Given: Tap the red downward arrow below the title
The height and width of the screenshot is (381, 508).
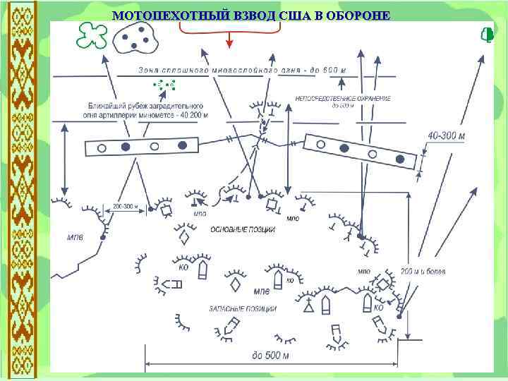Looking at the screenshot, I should point(229,42).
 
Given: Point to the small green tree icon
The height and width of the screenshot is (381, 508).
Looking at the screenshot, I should point(485,35).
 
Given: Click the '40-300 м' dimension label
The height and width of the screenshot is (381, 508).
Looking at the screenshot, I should point(446,135).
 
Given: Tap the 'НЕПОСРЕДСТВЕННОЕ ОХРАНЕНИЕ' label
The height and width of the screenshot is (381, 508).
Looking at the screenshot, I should point(343,98).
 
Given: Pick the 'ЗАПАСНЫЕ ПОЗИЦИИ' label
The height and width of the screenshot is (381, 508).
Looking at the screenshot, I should point(242,309).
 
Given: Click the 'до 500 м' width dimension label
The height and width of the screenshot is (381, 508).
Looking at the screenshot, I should point(270,355).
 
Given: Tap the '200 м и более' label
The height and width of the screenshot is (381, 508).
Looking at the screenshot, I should point(423,272).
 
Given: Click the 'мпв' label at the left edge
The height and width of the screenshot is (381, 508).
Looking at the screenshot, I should point(75,237).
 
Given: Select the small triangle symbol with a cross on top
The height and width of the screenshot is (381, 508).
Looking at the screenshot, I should point(308,307).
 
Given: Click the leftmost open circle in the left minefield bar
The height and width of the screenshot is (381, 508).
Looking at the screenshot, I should point(102,148).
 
